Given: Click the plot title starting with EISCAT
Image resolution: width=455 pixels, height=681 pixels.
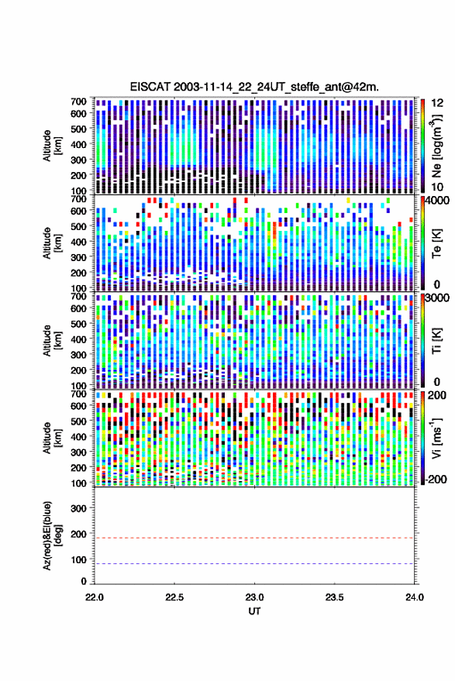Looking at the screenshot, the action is (x=254, y=87).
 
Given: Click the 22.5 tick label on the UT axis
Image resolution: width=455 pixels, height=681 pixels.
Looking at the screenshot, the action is (x=174, y=597).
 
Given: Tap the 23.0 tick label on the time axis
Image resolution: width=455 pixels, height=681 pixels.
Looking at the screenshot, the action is (x=254, y=597).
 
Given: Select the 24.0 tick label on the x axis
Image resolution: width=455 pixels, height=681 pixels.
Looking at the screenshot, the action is (x=415, y=597).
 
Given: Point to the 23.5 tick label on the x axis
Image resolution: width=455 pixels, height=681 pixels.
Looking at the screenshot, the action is (x=335, y=597).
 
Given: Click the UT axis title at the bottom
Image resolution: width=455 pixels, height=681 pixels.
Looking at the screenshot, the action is (x=254, y=611).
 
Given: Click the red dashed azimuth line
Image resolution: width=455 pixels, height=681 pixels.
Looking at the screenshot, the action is (x=254, y=538).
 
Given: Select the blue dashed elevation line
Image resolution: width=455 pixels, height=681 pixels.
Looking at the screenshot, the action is (x=254, y=564).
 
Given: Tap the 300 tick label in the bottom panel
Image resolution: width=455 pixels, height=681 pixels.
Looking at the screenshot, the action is (x=78, y=508).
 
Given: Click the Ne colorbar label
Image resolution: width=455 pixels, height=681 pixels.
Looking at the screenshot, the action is (x=436, y=146).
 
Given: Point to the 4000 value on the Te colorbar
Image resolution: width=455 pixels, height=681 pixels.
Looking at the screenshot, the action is (x=437, y=201).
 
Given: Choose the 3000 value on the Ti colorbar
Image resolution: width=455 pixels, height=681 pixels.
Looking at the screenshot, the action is (x=437, y=298).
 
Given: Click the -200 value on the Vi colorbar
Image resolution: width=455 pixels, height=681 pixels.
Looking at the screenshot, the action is (x=436, y=480).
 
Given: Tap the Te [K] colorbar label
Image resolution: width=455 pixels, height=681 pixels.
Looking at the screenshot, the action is (x=436, y=243).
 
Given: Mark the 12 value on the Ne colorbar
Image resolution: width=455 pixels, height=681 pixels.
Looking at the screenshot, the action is (x=438, y=103).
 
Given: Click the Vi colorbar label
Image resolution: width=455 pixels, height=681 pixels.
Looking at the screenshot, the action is (x=436, y=438).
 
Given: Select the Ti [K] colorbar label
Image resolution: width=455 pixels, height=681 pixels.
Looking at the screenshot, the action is (x=436, y=341).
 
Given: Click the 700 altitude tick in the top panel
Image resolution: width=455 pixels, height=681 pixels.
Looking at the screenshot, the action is (x=78, y=101).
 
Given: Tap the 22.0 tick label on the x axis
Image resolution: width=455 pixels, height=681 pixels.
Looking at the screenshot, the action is (x=95, y=597).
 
